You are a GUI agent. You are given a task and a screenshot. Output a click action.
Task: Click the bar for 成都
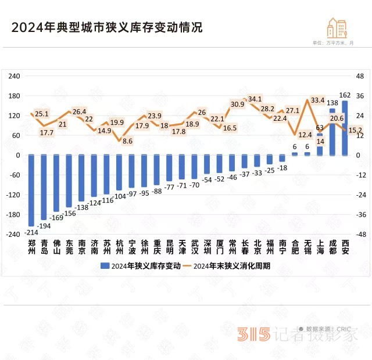coord(332,132)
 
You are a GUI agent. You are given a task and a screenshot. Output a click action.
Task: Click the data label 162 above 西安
coord(344,95)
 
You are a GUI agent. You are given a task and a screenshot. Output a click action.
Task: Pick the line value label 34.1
coord(255,99)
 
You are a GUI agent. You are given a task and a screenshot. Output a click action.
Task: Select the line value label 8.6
coord(128,141)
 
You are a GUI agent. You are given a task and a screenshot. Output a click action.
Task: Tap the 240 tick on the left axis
coord(16,76)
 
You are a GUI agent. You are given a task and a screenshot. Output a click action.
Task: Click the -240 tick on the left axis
coord(15,235)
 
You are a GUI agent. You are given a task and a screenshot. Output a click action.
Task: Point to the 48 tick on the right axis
coord(359,76)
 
